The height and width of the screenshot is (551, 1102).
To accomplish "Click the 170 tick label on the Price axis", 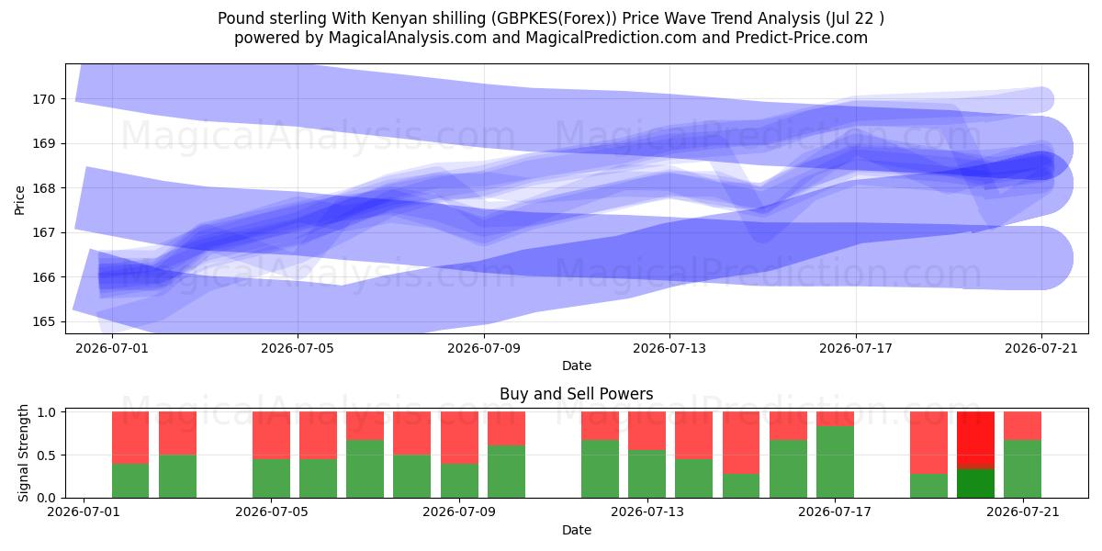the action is point(43,99).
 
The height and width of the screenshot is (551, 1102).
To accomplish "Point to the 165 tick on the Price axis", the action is point(43,321).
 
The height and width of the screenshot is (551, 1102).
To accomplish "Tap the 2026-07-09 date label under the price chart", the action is point(484,348).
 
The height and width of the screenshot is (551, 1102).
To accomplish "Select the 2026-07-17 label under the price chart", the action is point(856,348).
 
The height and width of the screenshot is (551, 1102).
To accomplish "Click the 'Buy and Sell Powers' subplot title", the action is point(576,394).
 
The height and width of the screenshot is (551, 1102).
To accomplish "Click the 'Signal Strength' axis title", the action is point(23,453).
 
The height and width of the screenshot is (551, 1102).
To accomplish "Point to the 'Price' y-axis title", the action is point(19,200).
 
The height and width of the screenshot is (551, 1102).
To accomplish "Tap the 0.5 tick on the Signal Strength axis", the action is point(47,455).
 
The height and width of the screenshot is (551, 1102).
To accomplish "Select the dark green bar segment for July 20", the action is point(975,483).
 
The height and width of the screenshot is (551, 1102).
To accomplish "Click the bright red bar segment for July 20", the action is point(975,438).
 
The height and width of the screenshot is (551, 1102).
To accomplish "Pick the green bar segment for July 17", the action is point(835,462).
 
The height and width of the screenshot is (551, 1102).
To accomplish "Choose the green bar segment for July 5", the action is point(272,478).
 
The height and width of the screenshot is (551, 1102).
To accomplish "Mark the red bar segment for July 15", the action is point(741,443).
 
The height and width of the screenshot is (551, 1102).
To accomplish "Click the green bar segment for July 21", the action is point(1022,469).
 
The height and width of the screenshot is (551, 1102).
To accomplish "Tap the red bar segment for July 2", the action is point(130,437).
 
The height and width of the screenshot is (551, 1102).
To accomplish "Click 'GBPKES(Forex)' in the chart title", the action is point(554,18).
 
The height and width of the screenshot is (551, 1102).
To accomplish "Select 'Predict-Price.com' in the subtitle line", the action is point(802,38).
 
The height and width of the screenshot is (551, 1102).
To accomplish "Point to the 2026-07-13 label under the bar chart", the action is point(647,512).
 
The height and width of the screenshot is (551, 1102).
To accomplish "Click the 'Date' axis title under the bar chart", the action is point(576,530).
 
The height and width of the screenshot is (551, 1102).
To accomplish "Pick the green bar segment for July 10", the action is point(506,472).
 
